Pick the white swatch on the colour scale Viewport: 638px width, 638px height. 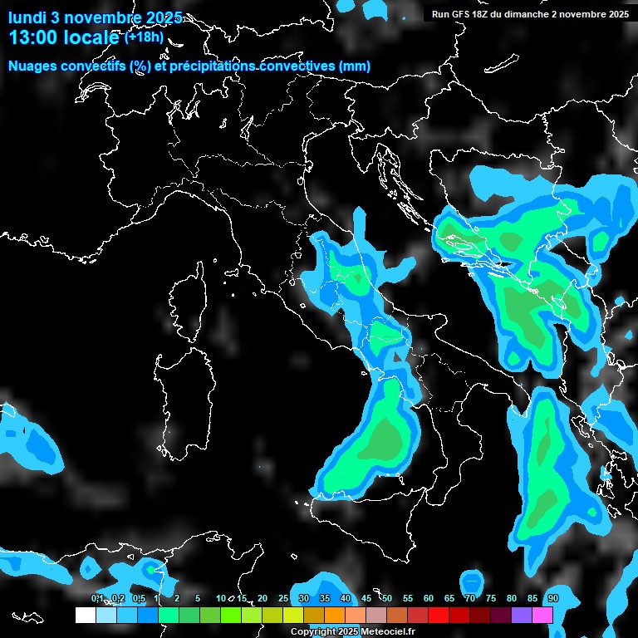pyautogui.click(x=85, y=615)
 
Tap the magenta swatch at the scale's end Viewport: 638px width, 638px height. pyautogui.click(x=542, y=615)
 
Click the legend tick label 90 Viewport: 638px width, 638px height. pyautogui.click(x=553, y=599)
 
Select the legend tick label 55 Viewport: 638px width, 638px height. pyautogui.click(x=408, y=599)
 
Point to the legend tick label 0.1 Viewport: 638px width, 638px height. pyautogui.click(x=97, y=599)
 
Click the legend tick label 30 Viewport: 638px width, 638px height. pyautogui.click(x=304, y=599)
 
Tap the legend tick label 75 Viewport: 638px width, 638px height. pyautogui.click(x=491, y=599)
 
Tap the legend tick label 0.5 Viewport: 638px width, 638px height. pyautogui.click(x=139, y=599)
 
